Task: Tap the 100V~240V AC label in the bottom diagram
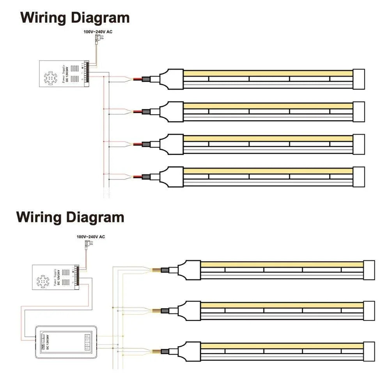coord(90,237)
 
